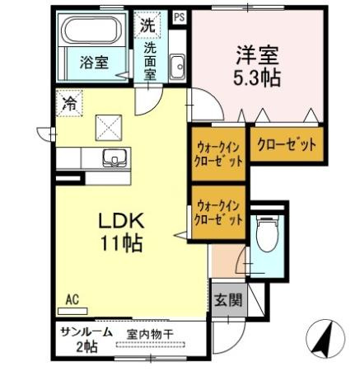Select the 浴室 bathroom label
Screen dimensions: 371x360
point(94,62)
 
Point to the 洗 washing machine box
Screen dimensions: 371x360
point(146,25)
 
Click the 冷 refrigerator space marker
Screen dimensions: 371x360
point(70,105)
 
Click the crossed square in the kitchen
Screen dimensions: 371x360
point(109,125)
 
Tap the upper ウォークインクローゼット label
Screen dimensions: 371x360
point(219,153)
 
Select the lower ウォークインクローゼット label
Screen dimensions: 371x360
point(219,213)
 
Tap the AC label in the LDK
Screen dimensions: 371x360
point(72,302)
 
